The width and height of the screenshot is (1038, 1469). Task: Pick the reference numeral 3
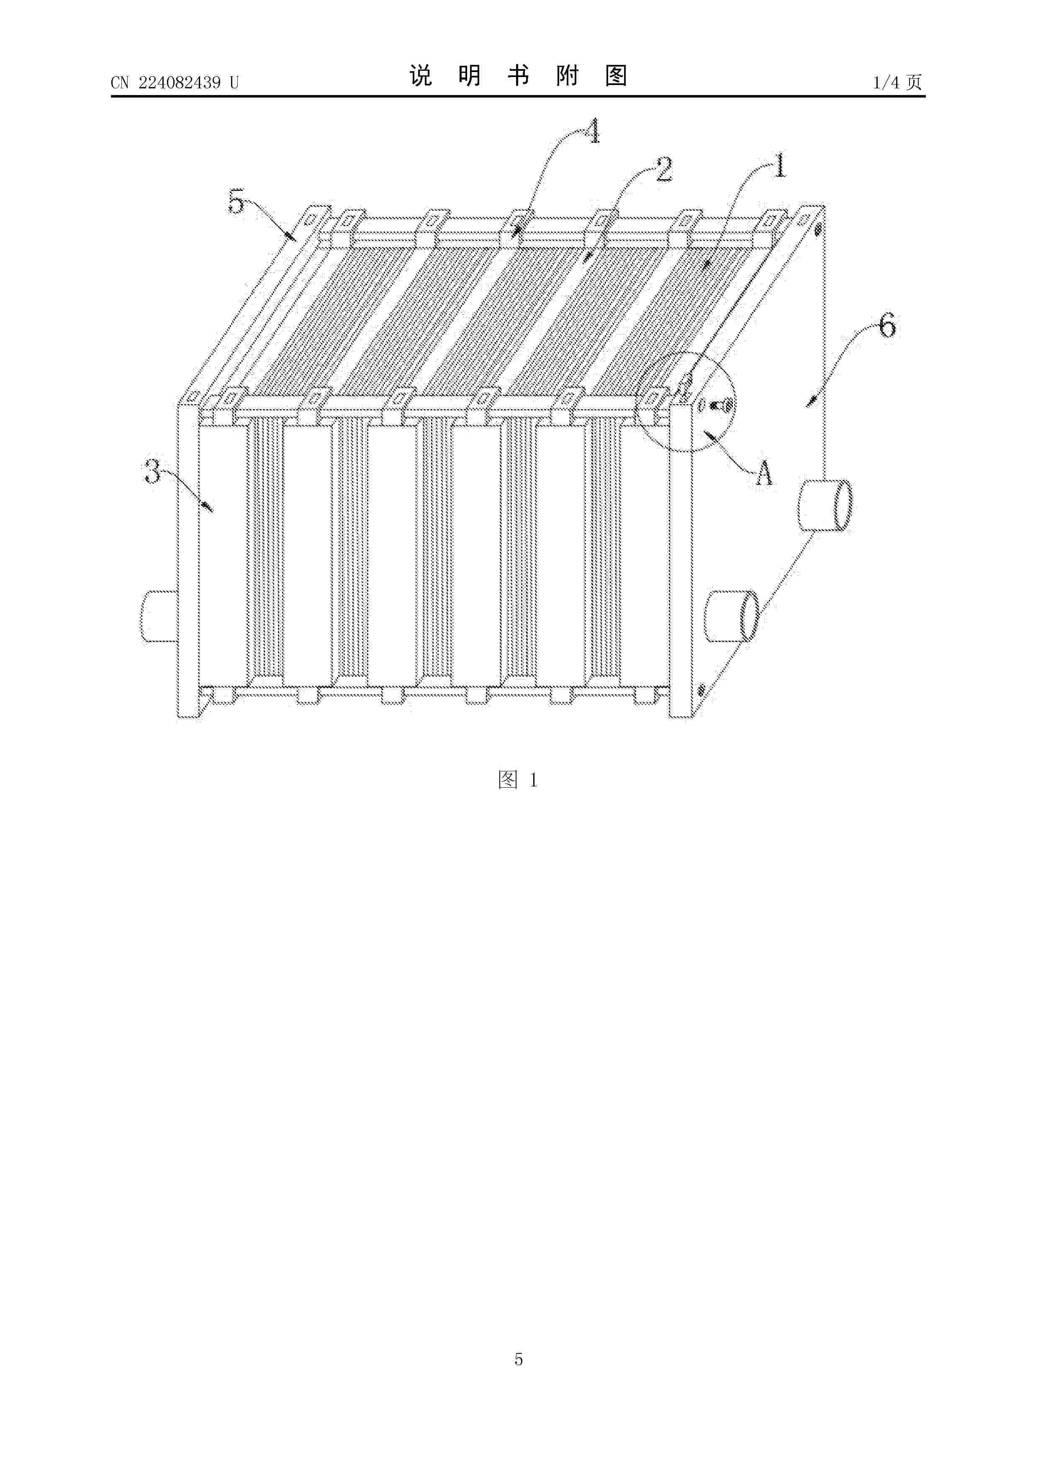point(152,472)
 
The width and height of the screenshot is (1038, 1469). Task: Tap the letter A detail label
point(763,474)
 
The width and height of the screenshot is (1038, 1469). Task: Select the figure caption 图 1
point(518,780)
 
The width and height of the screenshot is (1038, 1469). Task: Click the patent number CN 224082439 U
point(175,82)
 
